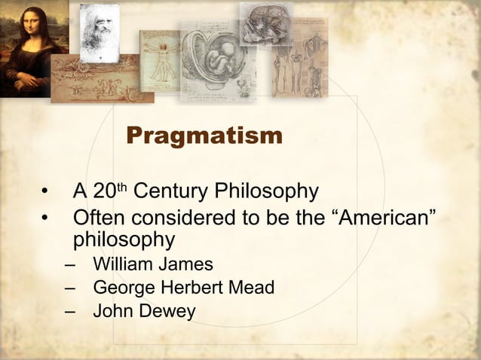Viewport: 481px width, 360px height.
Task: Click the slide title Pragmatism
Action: coord(204,136)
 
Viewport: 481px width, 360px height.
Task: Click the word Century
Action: coord(170,191)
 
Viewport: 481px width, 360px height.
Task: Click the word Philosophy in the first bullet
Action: coord(267,191)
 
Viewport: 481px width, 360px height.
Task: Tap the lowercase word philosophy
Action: coord(124,241)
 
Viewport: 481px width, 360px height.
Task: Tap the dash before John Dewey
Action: coord(70,311)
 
